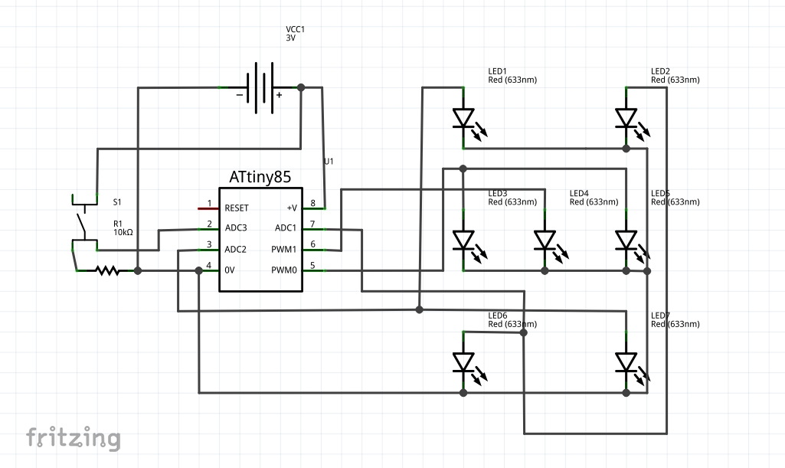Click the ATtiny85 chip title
coord(260,177)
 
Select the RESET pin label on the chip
coord(237,208)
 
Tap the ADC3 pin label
coord(236,228)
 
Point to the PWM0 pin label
coord(285,270)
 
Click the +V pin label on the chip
coord(291,208)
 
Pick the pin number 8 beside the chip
coord(312,203)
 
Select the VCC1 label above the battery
coord(295,29)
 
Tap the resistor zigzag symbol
coord(107,270)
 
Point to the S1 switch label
coord(117,202)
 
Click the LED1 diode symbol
coord(463,118)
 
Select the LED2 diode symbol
coord(626,118)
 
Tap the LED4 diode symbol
coord(545,241)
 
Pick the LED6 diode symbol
coord(463,362)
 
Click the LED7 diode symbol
coord(626,362)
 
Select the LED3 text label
coord(498,193)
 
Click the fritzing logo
coord(74,437)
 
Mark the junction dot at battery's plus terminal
coord(301,87)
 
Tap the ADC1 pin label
coord(285,228)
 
